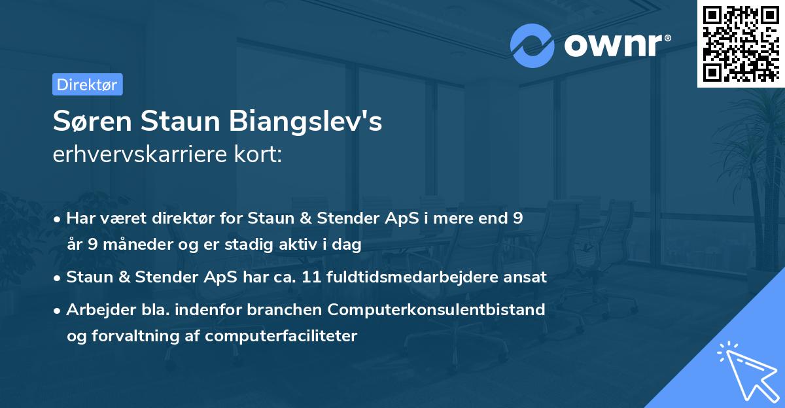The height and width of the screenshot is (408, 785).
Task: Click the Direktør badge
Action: coord(87,84)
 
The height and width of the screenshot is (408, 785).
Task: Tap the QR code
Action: coord(741,43)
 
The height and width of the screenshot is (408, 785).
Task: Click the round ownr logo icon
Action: coord(532,45)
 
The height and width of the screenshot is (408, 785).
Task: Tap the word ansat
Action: coord(527,277)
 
